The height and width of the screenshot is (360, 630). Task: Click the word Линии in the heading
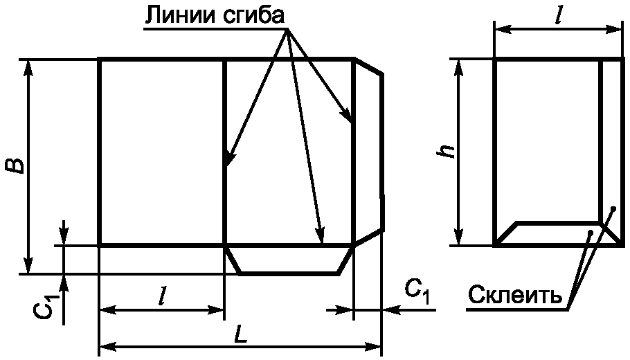(x=176, y=15)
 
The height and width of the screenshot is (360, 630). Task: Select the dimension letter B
(x=15, y=166)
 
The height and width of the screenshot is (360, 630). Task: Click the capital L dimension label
(x=240, y=334)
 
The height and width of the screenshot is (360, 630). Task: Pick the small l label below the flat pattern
(x=161, y=296)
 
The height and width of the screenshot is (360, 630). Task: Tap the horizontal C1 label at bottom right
(x=417, y=291)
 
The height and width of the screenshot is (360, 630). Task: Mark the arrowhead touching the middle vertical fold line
(x=228, y=161)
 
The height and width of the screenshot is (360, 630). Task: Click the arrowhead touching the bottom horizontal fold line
(x=321, y=237)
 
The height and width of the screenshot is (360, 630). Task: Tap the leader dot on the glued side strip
(x=613, y=208)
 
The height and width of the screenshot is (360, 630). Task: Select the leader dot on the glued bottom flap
(x=589, y=233)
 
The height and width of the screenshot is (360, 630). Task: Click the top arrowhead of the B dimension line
(x=28, y=66)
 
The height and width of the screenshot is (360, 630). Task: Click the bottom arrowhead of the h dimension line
(x=458, y=239)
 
